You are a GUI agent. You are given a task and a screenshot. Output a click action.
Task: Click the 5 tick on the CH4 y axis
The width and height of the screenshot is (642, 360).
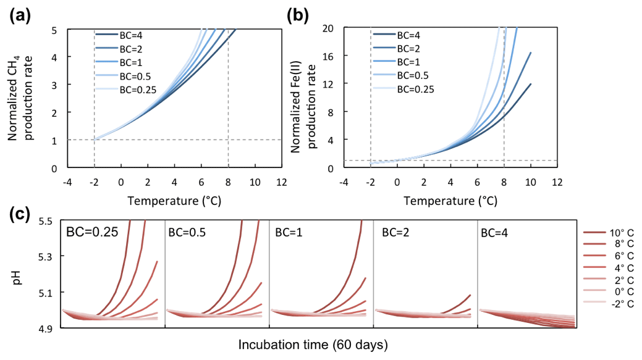pos(54,30)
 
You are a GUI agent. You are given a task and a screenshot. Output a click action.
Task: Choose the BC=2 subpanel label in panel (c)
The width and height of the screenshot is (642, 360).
pos(397,233)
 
